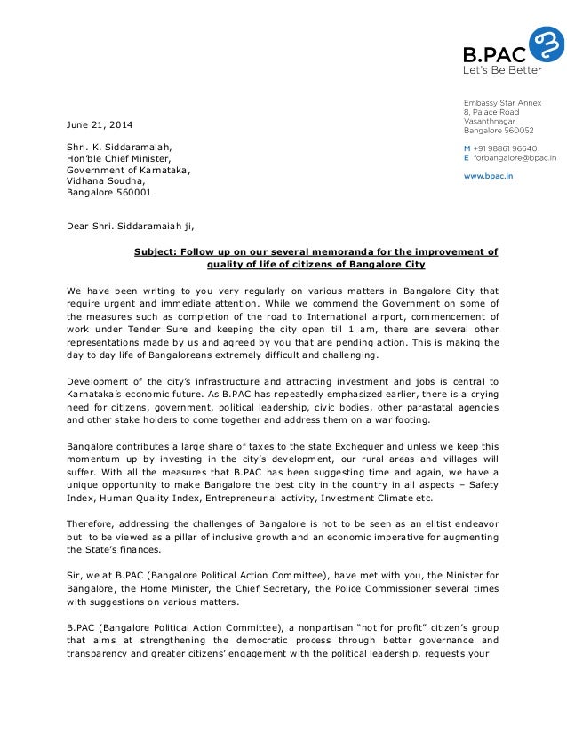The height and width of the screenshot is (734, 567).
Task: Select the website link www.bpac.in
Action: [x=488, y=176]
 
